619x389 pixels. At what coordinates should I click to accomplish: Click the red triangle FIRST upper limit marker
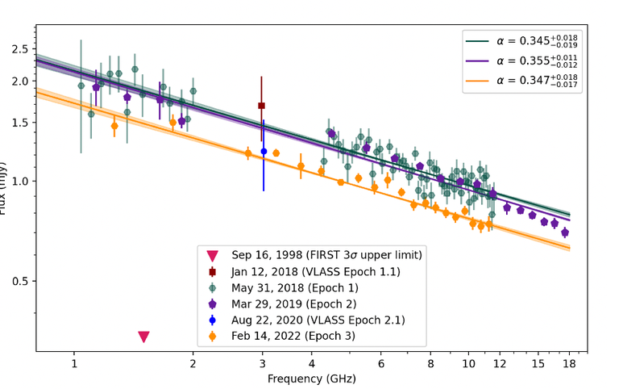pyautogui.click(x=143, y=337)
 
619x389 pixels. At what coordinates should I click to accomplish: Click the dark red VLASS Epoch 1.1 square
pyautogui.click(x=261, y=106)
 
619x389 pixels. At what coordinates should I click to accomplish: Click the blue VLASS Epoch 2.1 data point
pyautogui.click(x=264, y=152)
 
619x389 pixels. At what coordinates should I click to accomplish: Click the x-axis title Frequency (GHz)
pyautogui.click(x=312, y=378)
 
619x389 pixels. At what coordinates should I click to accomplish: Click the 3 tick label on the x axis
pyautogui.click(x=262, y=364)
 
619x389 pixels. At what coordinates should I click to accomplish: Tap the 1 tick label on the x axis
pyautogui.click(x=74, y=364)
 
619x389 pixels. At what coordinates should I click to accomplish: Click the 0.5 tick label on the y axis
pyautogui.click(x=19, y=281)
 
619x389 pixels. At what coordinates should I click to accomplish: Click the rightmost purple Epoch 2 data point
pyautogui.click(x=565, y=232)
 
